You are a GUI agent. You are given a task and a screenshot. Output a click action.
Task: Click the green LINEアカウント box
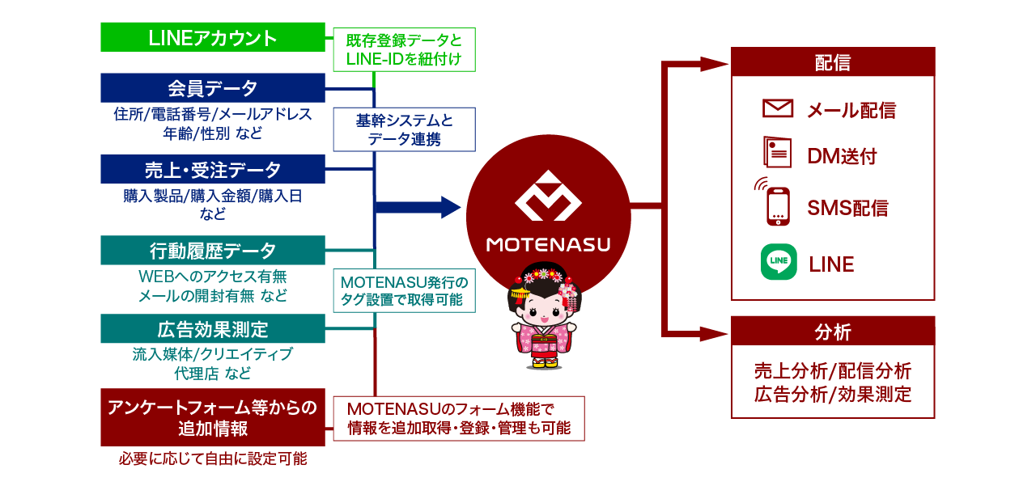[x=213, y=37]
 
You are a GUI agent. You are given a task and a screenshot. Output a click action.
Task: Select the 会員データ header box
[x=213, y=87]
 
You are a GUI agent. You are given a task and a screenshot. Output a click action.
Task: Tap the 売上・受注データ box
[x=213, y=170]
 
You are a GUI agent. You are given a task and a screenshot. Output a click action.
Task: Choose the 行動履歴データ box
[x=213, y=251]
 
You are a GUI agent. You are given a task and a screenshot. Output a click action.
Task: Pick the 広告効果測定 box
[x=213, y=330]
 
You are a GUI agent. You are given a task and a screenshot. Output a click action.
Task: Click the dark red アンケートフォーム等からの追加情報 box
[x=213, y=417]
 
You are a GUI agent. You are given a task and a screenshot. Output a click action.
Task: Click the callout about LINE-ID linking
[x=404, y=49]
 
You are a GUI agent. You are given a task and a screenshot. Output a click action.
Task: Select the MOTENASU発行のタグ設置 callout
[x=404, y=291]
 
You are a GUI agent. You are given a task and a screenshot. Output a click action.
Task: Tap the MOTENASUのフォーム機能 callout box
[x=459, y=418]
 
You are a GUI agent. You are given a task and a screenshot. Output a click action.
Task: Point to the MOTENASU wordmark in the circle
[x=548, y=244]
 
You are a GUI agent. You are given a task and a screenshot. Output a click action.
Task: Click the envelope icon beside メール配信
[x=778, y=108]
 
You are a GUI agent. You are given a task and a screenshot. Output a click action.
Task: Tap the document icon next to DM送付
[x=777, y=151]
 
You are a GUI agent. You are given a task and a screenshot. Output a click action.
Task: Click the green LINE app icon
[x=779, y=263]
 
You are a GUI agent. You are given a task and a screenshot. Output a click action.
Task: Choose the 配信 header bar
[x=833, y=61]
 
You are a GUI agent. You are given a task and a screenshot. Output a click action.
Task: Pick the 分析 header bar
[x=833, y=331]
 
